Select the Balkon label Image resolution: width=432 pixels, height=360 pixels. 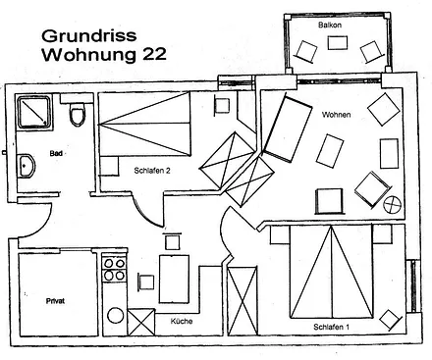click(x=330, y=23)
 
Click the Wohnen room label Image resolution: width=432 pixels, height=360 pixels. click(x=336, y=116)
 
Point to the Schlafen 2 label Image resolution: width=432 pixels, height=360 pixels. click(x=153, y=169)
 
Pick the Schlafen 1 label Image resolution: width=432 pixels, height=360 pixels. click(x=333, y=326)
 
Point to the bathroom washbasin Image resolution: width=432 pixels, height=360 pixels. click(x=26, y=165)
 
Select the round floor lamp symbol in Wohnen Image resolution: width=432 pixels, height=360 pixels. click(x=392, y=205)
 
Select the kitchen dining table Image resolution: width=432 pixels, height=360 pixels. click(x=175, y=277)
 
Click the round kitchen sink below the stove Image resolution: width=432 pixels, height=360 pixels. click(x=114, y=317)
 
